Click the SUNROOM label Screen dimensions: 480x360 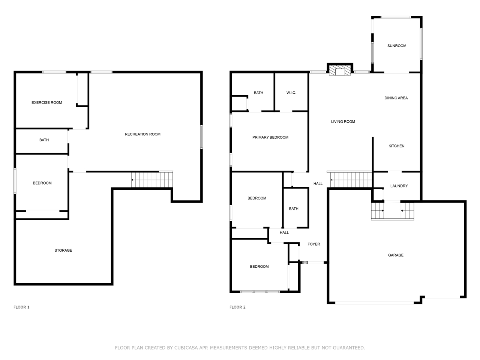point(396,46)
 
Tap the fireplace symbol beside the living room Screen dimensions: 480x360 point(340,70)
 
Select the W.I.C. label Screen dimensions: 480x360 point(291,93)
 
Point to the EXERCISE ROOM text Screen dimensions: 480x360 point(46,102)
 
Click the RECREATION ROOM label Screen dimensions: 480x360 point(142,134)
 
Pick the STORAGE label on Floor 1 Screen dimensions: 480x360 point(63,250)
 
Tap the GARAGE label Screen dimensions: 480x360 point(396,255)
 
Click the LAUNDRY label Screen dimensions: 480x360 point(399,186)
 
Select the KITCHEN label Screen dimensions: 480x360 point(396,146)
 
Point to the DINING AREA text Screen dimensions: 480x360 point(396,98)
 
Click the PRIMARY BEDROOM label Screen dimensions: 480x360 point(270,137)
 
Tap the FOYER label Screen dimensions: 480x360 point(313,244)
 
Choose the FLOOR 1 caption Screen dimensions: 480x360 point(21,307)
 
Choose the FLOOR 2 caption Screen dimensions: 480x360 point(237,307)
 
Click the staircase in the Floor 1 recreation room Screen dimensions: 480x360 point(152,180)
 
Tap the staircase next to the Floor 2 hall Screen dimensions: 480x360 point(351,180)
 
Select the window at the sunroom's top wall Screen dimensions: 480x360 point(396,17)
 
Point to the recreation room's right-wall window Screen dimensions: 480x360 point(201,137)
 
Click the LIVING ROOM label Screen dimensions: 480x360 point(343,121)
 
